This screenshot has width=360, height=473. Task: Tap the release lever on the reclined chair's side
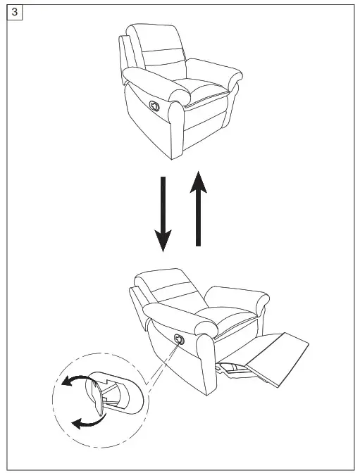(178, 339)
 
